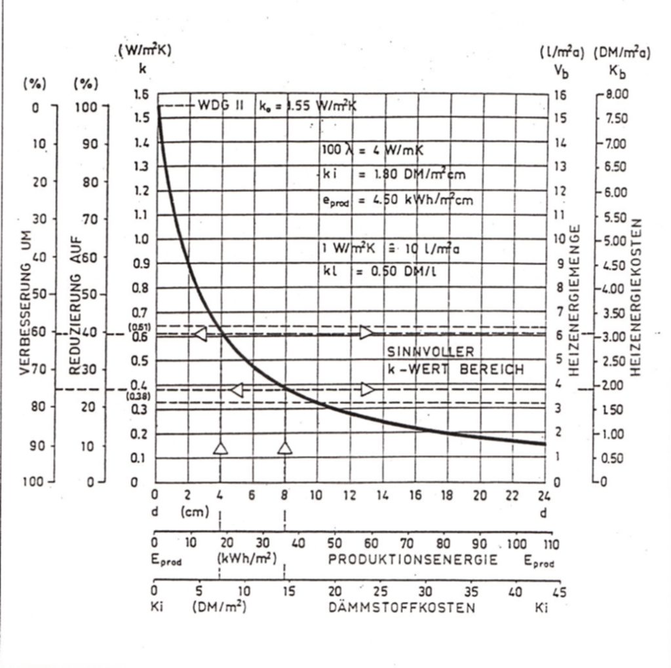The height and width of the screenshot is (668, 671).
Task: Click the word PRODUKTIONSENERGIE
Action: (413, 560)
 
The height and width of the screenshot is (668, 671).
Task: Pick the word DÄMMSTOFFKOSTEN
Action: (402, 608)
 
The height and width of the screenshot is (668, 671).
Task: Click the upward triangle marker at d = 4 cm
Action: (220, 448)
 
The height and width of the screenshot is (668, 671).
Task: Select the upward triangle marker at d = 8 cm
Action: (285, 448)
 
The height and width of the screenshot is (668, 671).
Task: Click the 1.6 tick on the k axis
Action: (140, 94)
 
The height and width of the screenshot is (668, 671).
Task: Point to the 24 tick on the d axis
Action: (543, 496)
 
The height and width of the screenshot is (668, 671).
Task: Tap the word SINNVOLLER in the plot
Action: (429, 352)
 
